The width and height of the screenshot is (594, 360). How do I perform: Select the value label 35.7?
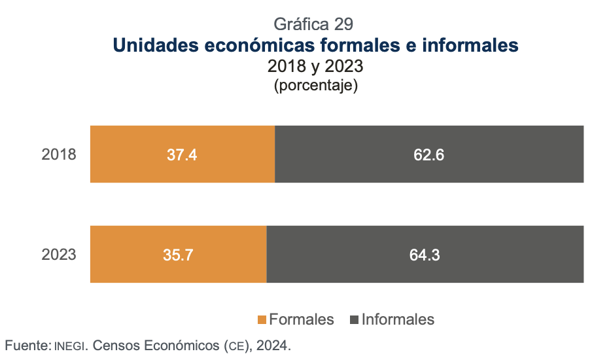(x=178, y=255)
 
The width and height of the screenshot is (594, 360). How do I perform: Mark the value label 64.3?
(x=425, y=255)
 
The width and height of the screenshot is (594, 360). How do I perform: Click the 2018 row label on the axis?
(x=59, y=155)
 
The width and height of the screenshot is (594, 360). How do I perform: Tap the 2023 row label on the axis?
(x=59, y=255)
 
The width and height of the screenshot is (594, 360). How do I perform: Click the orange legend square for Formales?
(x=262, y=320)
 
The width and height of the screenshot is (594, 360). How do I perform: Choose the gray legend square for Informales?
(x=355, y=320)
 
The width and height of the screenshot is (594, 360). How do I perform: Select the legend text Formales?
(x=302, y=319)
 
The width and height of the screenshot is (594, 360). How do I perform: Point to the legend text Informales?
(x=398, y=319)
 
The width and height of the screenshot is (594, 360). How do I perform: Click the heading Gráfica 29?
(x=314, y=24)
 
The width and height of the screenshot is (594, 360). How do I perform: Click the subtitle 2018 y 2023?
(x=315, y=67)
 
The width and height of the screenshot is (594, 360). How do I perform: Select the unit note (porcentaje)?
(x=315, y=86)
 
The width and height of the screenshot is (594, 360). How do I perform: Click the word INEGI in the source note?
(x=70, y=344)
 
